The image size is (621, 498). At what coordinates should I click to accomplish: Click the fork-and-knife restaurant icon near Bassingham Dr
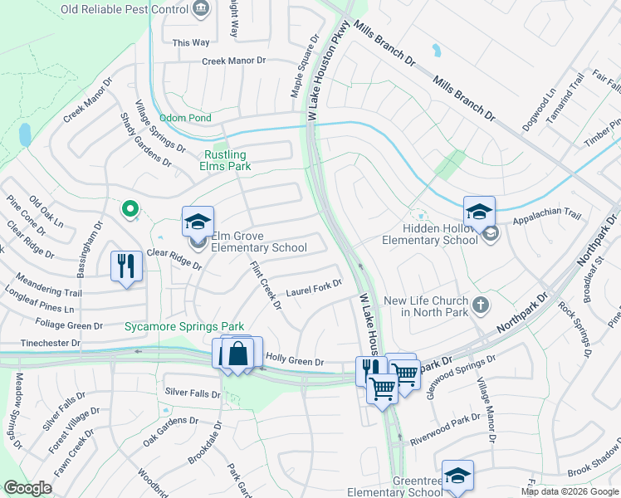click(126, 266)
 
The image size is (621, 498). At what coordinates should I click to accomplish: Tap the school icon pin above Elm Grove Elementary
click(198, 222)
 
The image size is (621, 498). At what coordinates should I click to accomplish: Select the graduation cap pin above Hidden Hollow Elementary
click(479, 212)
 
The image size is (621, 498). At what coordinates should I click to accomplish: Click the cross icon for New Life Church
click(480, 305)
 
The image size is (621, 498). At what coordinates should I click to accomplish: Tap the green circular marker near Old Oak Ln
click(129, 209)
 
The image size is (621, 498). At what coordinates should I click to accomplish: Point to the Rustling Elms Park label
click(226, 160)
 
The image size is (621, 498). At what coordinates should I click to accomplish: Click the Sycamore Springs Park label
click(179, 326)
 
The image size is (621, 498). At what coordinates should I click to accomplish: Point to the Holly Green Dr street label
click(294, 361)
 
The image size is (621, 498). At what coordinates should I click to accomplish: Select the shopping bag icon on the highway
click(238, 353)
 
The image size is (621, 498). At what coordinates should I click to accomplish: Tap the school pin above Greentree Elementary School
click(457, 476)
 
